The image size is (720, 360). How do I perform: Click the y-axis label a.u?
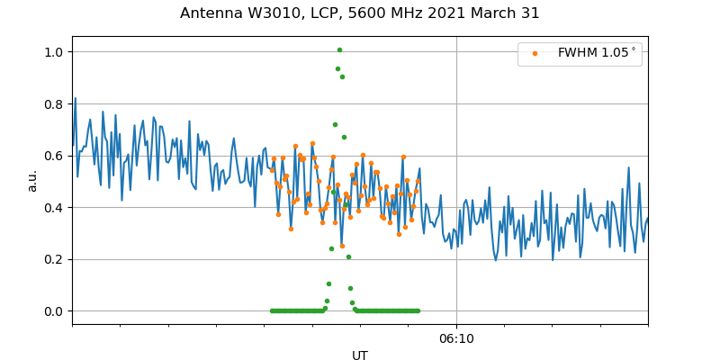32,180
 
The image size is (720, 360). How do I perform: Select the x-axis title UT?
360,355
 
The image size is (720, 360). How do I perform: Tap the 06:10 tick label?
456,339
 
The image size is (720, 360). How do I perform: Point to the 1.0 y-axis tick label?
55,52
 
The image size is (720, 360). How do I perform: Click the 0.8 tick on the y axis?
55,104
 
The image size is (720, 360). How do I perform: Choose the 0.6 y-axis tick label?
55,156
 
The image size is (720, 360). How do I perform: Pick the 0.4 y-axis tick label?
55,208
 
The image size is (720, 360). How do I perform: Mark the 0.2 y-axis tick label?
55,259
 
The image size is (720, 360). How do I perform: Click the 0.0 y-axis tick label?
55,311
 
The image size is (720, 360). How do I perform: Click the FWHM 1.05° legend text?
597,53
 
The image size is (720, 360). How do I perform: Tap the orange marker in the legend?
535,53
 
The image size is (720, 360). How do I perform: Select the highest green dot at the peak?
339,49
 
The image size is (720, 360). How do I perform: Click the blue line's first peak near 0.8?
75,98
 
